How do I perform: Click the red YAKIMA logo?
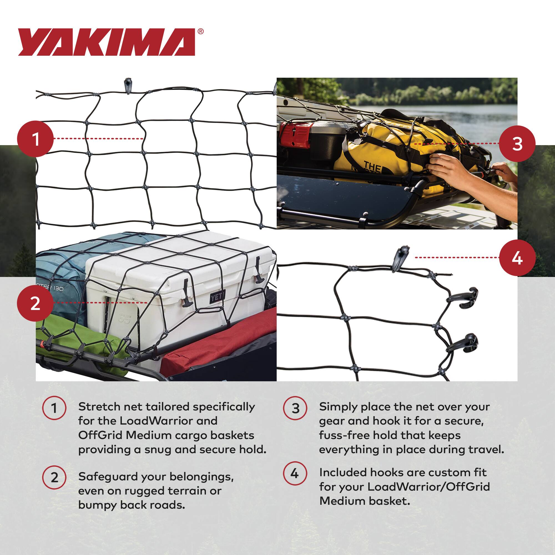pyautogui.click(x=106, y=42)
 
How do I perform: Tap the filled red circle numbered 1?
pyautogui.click(x=35, y=139)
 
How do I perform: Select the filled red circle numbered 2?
pyautogui.click(x=35, y=303)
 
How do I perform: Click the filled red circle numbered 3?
pyautogui.click(x=517, y=144)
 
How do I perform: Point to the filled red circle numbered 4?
pyautogui.click(x=517, y=258)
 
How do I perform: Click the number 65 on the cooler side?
pyautogui.click(x=124, y=319)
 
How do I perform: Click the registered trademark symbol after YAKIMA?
pyautogui.click(x=201, y=32)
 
